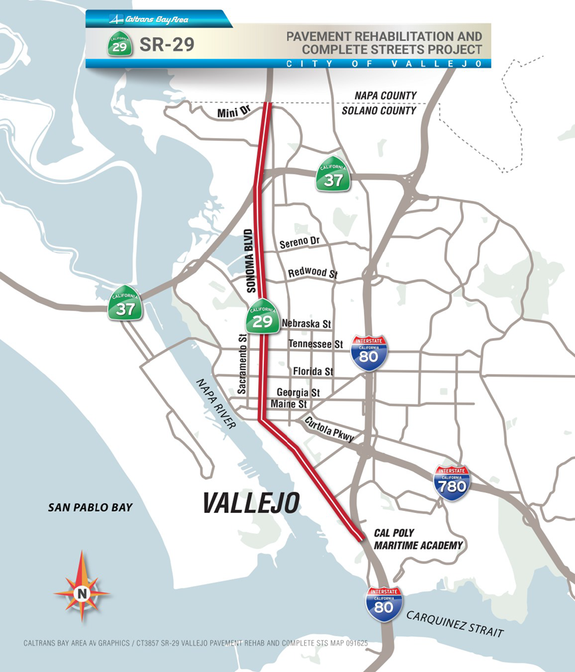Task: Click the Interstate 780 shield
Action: coord(452,483)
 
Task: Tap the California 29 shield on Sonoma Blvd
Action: coord(263,315)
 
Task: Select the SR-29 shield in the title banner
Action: coord(120,45)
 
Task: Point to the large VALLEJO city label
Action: coord(251,503)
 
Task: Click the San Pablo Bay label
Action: coord(90,507)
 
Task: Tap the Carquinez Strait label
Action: coord(455,623)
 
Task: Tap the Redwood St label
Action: coord(312,273)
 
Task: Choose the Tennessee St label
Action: coord(316,344)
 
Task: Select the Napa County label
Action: coord(385,96)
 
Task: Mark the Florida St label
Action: coord(313,371)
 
